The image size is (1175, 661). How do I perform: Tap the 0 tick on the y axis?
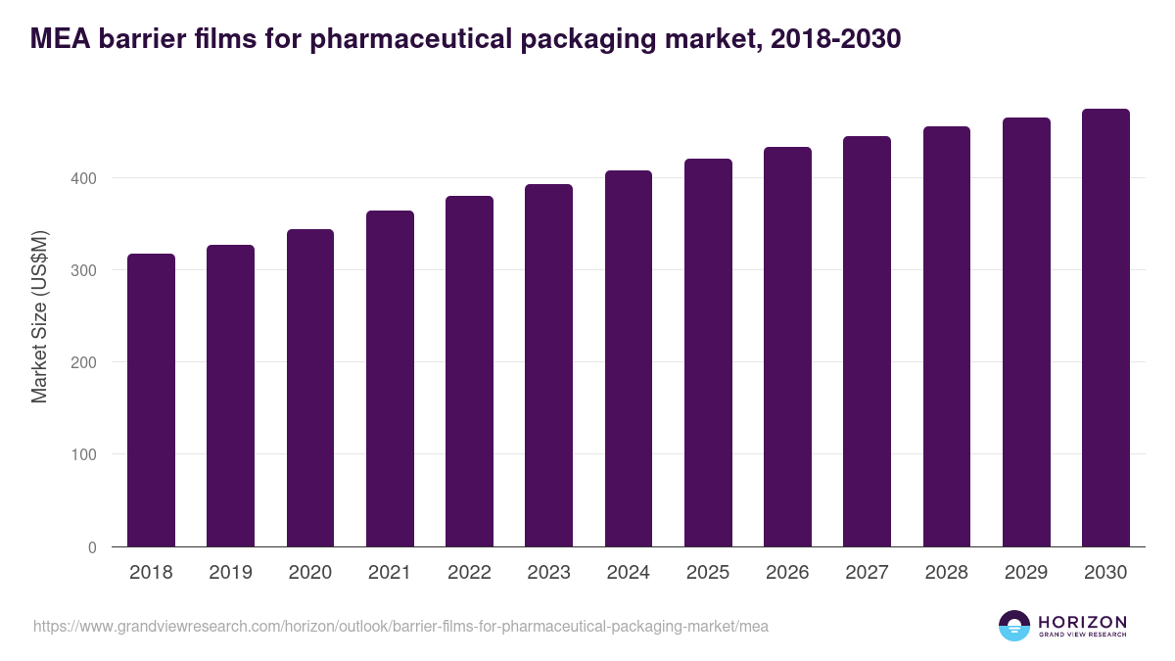92,547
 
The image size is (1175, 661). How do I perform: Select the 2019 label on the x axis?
230,573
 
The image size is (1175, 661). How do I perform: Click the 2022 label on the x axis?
469,573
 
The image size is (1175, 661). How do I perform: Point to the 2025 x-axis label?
708,573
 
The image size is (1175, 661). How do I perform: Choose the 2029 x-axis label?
1026,573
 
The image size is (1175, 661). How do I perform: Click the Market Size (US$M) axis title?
39,316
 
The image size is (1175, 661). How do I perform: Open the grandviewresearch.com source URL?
400,626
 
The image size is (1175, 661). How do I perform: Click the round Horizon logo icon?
1014,626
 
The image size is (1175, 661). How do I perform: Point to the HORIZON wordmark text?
1082,622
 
